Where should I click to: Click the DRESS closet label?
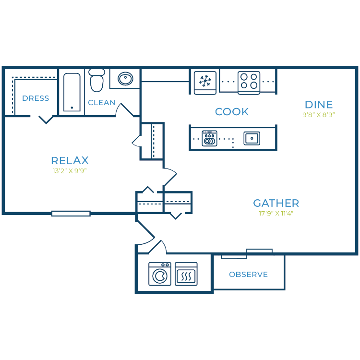click(x=36, y=98)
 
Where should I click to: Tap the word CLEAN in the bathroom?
click(x=102, y=103)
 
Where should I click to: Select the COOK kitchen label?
click(x=232, y=112)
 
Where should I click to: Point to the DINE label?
click(x=319, y=105)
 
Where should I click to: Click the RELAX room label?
click(x=70, y=161)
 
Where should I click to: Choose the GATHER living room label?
click(x=276, y=203)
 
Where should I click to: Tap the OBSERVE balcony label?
click(x=248, y=275)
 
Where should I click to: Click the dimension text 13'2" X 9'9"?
click(x=70, y=170)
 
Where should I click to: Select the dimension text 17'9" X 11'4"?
click(x=276, y=214)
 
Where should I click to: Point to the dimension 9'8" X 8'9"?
click(x=319, y=115)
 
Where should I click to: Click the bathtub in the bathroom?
click(x=72, y=92)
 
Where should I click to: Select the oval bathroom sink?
click(x=125, y=78)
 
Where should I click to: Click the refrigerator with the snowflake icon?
click(x=206, y=82)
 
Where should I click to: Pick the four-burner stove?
click(x=249, y=82)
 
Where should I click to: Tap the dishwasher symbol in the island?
click(x=209, y=139)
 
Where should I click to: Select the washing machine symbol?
click(x=160, y=274)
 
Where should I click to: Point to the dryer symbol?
click(x=186, y=274)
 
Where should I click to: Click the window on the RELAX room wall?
click(x=71, y=214)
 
